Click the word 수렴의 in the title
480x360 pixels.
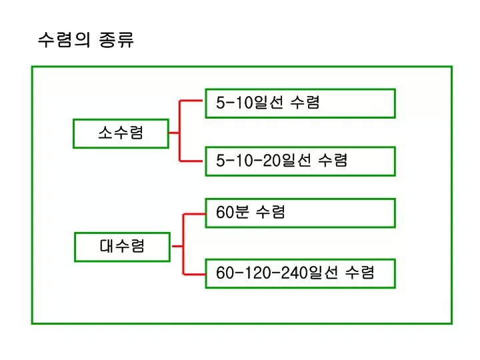click(x=64, y=39)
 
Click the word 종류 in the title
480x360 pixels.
click(x=116, y=39)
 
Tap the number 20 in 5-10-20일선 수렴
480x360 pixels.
click(x=271, y=160)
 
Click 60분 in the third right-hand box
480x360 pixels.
click(x=233, y=212)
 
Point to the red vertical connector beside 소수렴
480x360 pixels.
click(x=180, y=131)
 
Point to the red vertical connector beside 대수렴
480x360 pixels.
click(x=183, y=244)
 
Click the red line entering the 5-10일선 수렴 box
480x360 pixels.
click(x=191, y=101)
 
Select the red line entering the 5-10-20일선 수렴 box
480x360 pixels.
click(x=191, y=161)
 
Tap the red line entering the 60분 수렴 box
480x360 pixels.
click(x=194, y=214)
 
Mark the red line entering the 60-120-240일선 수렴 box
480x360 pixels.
click(x=194, y=274)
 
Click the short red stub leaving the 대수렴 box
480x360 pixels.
click(x=177, y=246)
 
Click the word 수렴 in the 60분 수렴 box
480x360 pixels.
click(x=270, y=212)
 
